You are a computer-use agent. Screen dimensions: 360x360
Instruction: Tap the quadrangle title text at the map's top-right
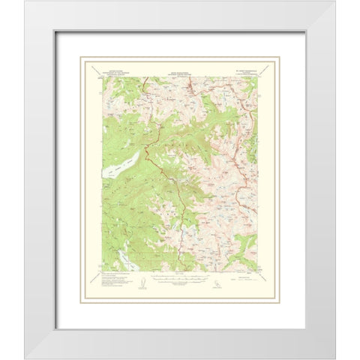250,70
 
